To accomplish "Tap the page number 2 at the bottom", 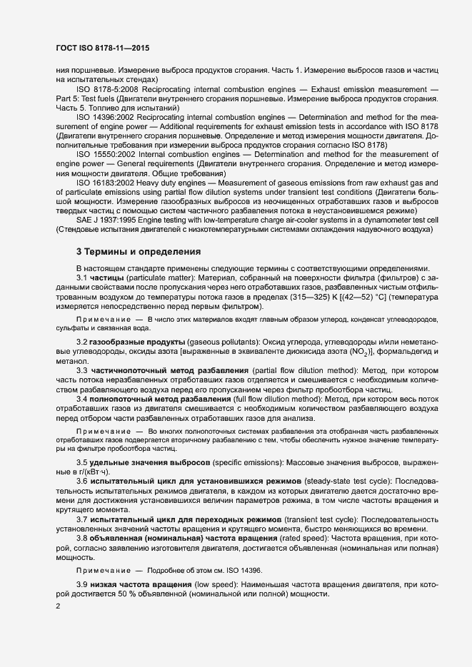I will (58, 606).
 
